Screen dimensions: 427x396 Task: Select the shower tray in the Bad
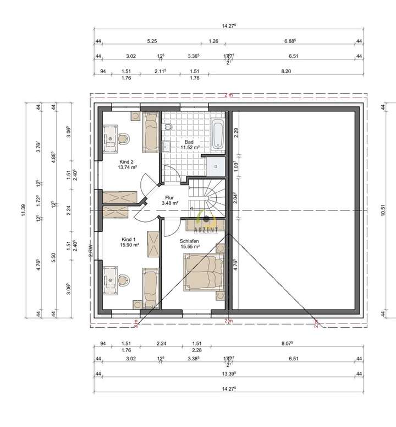(x=215, y=164)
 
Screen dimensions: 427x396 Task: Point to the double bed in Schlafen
(x=204, y=271)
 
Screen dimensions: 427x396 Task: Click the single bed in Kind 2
(x=150, y=133)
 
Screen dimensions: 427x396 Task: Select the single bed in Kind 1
(x=150, y=287)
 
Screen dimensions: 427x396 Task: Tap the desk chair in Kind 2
(x=125, y=136)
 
